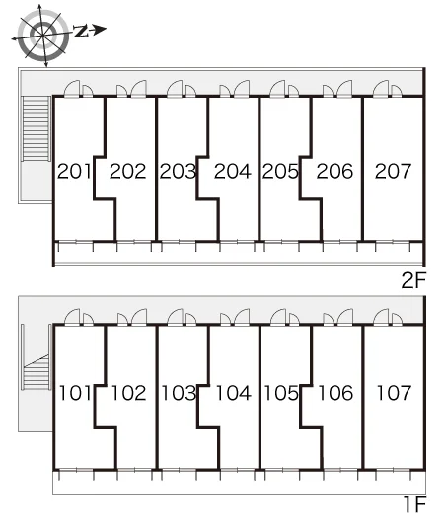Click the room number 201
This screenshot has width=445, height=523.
[x=74, y=171]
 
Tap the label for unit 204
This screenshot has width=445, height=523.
[x=233, y=171]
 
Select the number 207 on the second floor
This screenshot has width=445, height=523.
[x=393, y=171]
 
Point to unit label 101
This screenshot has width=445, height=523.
[x=75, y=393]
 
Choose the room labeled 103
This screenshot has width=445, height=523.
[x=180, y=393]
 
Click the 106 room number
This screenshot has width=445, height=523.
[x=335, y=393]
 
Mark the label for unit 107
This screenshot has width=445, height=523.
[x=394, y=393]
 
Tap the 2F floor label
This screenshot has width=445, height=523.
[x=414, y=280]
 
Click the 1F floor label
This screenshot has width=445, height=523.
[x=415, y=504]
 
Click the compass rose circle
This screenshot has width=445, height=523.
[x=43, y=35]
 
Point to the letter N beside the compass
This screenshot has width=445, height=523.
[x=81, y=31]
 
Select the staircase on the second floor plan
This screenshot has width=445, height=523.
[x=36, y=128]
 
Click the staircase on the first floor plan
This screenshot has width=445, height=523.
[x=36, y=372]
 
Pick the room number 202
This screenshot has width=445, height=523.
[x=128, y=171]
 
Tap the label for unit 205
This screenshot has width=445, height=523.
[x=280, y=171]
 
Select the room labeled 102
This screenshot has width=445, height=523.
[x=128, y=393]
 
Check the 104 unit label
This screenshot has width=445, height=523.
[x=234, y=393]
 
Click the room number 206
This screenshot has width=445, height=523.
[x=334, y=171]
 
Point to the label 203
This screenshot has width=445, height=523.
[x=178, y=171]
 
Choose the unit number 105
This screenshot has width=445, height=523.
[x=281, y=393]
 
